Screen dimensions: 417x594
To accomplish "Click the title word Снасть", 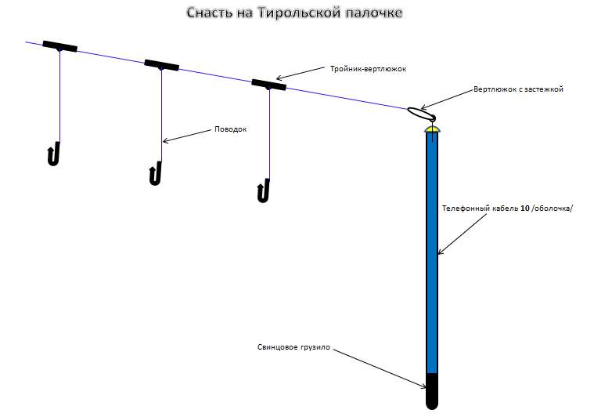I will pos(211,13).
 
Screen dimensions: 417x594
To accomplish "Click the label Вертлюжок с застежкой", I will pos(518,89).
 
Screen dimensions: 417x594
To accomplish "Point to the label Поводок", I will pos(230,129).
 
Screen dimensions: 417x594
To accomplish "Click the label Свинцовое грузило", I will pos(293,346).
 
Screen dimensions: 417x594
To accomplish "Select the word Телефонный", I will pos(466,208).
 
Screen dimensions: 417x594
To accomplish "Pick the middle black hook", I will pos(155,173).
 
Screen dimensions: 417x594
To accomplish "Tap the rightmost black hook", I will pos(264,190).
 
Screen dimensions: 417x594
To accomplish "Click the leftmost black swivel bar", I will pos(59,46).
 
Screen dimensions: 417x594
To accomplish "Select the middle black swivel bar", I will pos(161,65).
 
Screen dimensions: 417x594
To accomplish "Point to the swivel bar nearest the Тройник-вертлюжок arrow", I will pos(268,84).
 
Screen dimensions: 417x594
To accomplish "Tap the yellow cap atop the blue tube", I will pos(431,128).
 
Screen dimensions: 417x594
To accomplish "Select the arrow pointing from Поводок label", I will pos(188,135).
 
